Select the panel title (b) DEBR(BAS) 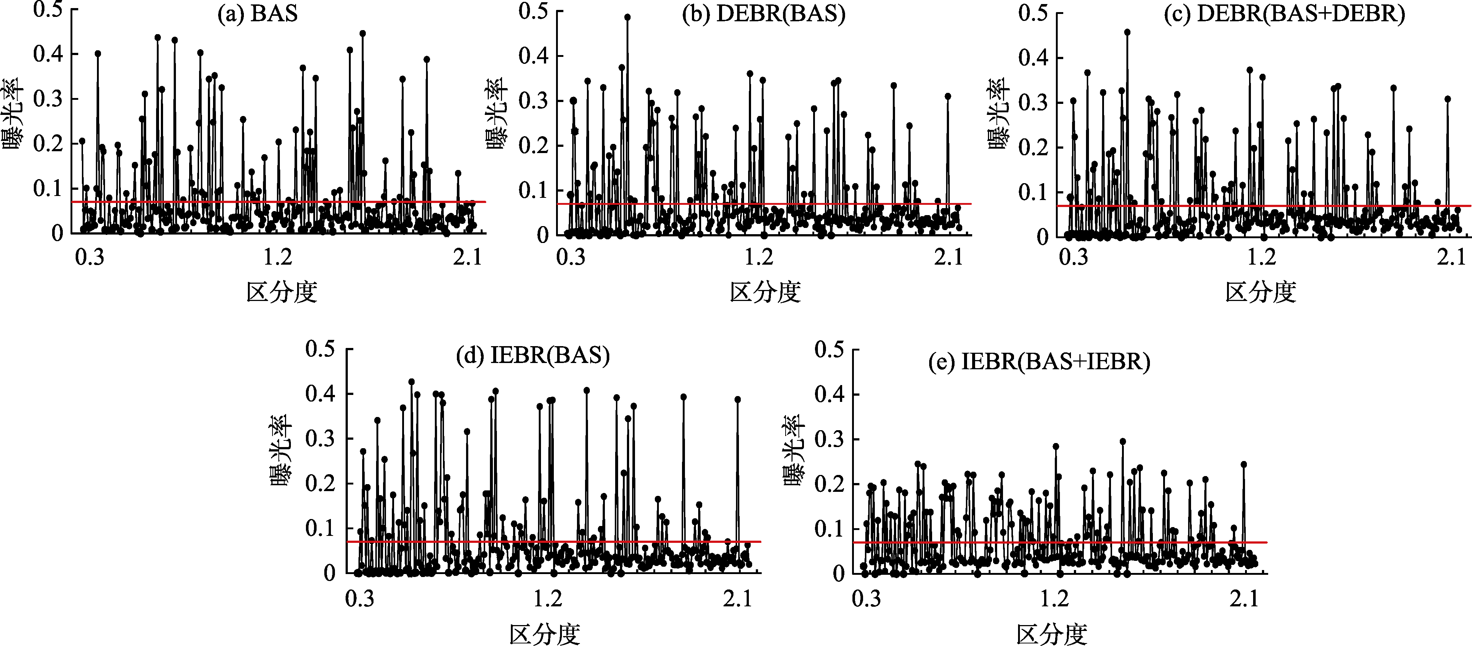tap(764, 14)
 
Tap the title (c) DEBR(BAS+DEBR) tap(1285, 14)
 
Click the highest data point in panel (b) tap(627, 17)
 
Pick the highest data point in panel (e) tap(1123, 442)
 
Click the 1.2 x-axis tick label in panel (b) tap(759, 258)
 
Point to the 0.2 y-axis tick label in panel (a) tap(48, 144)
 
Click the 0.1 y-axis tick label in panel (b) tap(533, 190)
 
